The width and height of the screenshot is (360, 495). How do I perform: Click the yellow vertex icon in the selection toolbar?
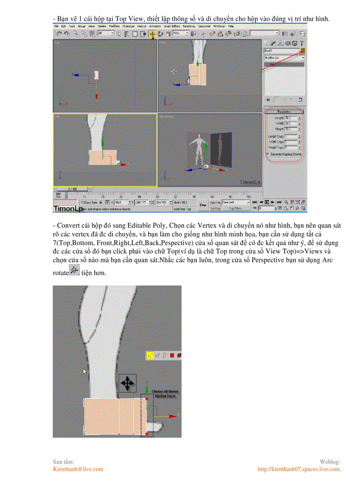pyautogui.click(x=150, y=355)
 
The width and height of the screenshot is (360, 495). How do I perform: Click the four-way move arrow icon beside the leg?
pyautogui.click(x=127, y=383)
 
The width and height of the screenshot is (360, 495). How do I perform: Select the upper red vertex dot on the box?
pyautogui.click(x=147, y=399)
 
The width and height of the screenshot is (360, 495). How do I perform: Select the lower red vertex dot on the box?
pyautogui.click(x=147, y=434)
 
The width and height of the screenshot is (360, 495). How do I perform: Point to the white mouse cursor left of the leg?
pyautogui.click(x=85, y=372)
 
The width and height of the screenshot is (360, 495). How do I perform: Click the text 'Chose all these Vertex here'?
pyautogui.click(x=165, y=394)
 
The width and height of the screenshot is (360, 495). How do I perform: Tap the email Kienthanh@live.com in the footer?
pyautogui.click(x=78, y=469)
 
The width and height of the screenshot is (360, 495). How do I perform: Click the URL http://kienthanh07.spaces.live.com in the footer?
pyautogui.click(x=299, y=469)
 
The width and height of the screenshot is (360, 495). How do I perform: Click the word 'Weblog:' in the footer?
pyautogui.click(x=330, y=462)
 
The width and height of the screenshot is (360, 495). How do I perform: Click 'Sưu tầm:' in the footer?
pyautogui.click(x=64, y=462)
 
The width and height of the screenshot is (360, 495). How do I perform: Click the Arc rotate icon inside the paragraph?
pyautogui.click(x=75, y=270)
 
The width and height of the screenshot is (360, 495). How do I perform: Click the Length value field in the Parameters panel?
pyautogui.click(x=289, y=118)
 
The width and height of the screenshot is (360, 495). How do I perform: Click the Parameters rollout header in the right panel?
pyautogui.click(x=284, y=112)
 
